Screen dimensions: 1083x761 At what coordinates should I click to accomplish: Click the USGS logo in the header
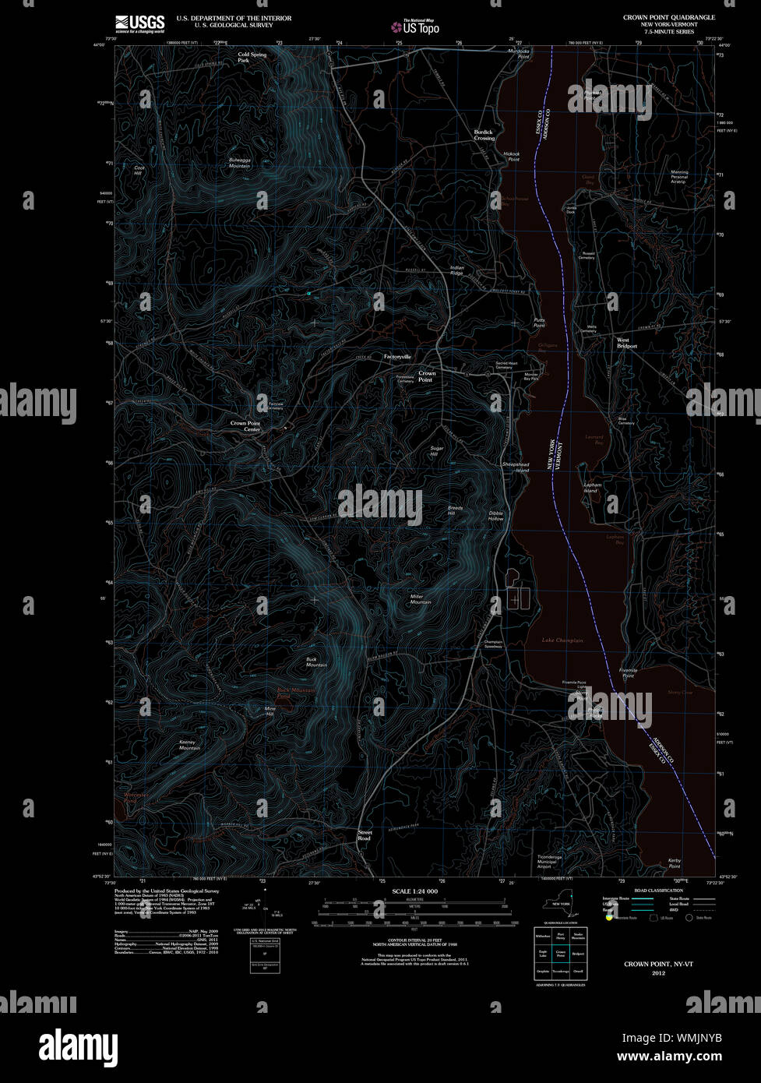[139, 24]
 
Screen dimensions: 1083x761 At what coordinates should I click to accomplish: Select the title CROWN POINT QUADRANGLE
[668, 17]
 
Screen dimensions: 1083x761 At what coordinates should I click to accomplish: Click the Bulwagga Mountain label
[239, 163]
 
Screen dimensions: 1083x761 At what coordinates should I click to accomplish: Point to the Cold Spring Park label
[252, 57]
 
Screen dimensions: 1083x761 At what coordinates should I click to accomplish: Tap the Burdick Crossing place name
[484, 135]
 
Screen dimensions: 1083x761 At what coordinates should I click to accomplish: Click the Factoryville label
[397, 357]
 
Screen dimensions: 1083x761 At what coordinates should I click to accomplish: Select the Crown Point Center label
[245, 426]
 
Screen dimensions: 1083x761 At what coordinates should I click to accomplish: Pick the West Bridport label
[626, 343]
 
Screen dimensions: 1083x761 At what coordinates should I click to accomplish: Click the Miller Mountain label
[421, 599]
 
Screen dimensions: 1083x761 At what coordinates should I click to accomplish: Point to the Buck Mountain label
[316, 661]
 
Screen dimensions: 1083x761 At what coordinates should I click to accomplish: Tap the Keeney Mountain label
[188, 745]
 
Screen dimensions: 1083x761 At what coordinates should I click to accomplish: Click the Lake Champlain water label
[562, 640]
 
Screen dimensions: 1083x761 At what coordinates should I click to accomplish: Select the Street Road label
[365, 835]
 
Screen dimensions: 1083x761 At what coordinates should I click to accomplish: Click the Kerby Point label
[675, 863]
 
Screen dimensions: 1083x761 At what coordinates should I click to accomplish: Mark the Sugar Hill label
[436, 451]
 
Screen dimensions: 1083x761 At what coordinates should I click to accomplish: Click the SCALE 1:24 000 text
[414, 891]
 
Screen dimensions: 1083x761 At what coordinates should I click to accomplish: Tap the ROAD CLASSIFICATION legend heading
[658, 891]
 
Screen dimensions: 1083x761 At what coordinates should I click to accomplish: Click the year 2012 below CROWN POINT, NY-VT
[658, 972]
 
